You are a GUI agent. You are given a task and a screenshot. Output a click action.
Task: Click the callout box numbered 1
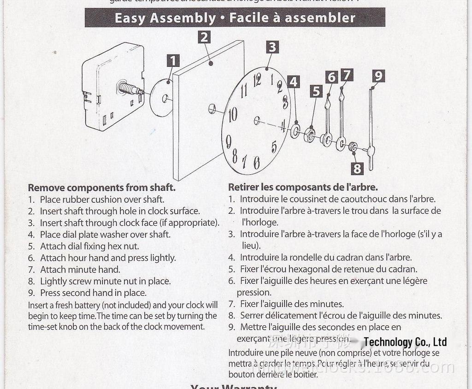tap(173, 61)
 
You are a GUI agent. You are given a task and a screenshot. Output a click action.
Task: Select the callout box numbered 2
tap(204, 37)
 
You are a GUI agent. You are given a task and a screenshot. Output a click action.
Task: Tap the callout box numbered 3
tap(272, 47)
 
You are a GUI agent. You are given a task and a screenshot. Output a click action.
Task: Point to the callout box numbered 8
tap(357, 168)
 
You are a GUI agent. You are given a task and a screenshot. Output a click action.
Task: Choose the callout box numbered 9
tap(378, 76)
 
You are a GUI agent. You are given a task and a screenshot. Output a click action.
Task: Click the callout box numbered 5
tap(316, 91)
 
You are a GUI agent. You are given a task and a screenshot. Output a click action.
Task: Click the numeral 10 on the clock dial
tap(233, 114)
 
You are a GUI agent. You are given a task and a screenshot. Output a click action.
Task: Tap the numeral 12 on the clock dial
tap(257, 81)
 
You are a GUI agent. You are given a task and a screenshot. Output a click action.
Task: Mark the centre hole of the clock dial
tap(257, 120)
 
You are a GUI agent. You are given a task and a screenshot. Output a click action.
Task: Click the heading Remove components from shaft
tap(101, 188)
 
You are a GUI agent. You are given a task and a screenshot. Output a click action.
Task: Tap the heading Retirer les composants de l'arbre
tap(303, 187)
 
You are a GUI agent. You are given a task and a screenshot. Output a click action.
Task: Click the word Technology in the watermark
tap(388, 342)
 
